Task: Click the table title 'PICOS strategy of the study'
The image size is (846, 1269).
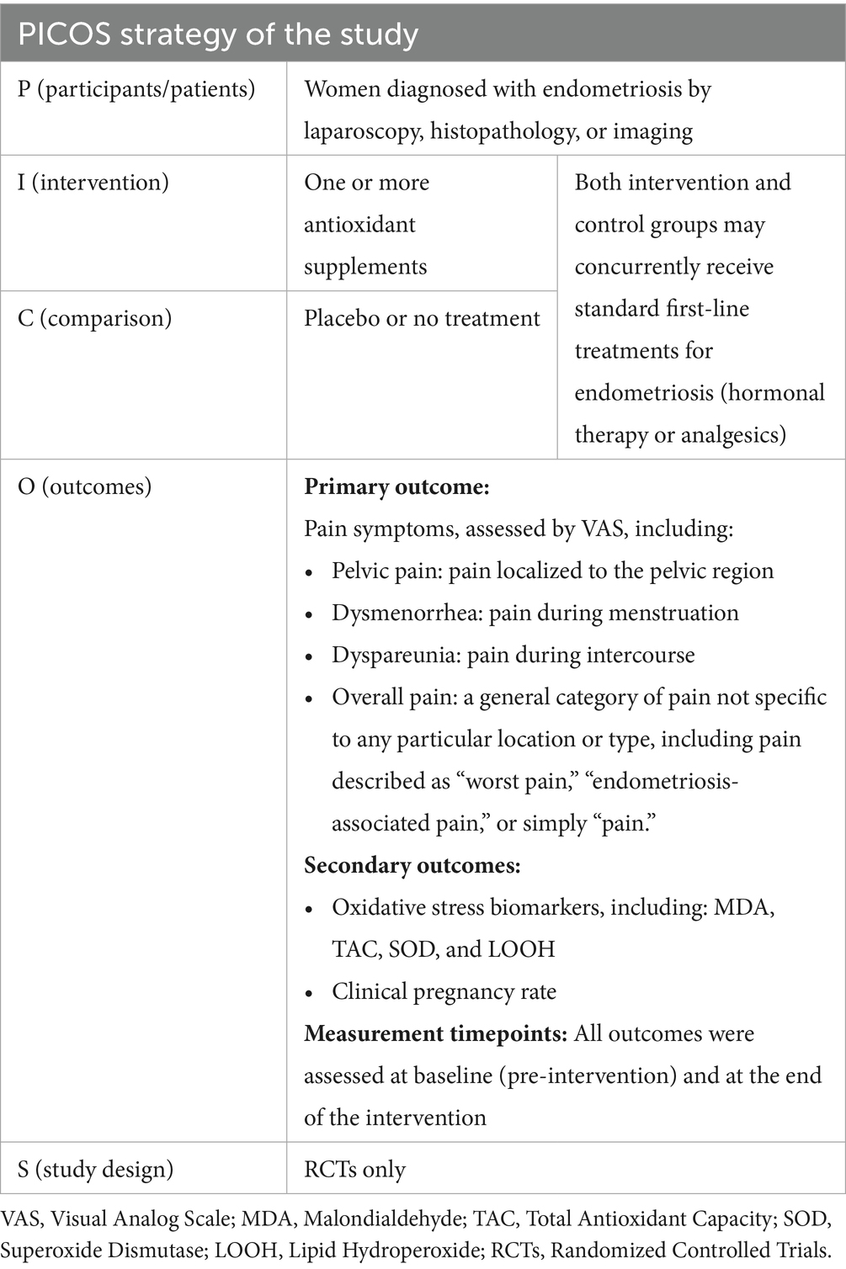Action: (218, 35)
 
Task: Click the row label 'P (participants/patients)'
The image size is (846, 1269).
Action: (136, 89)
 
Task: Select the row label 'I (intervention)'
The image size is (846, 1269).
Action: (93, 183)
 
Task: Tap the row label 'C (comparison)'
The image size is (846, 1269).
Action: (94, 318)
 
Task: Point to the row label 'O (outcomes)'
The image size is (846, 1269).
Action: (85, 486)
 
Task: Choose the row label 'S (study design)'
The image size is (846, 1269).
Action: (96, 1169)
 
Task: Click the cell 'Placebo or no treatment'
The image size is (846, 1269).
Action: (422, 318)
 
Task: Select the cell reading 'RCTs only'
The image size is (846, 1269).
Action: (354, 1169)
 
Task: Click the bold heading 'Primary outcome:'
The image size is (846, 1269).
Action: (396, 486)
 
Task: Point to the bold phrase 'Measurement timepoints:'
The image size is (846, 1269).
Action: (435, 1033)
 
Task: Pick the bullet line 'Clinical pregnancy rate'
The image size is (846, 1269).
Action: (444, 991)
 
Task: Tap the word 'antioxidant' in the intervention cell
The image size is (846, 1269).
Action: (359, 225)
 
